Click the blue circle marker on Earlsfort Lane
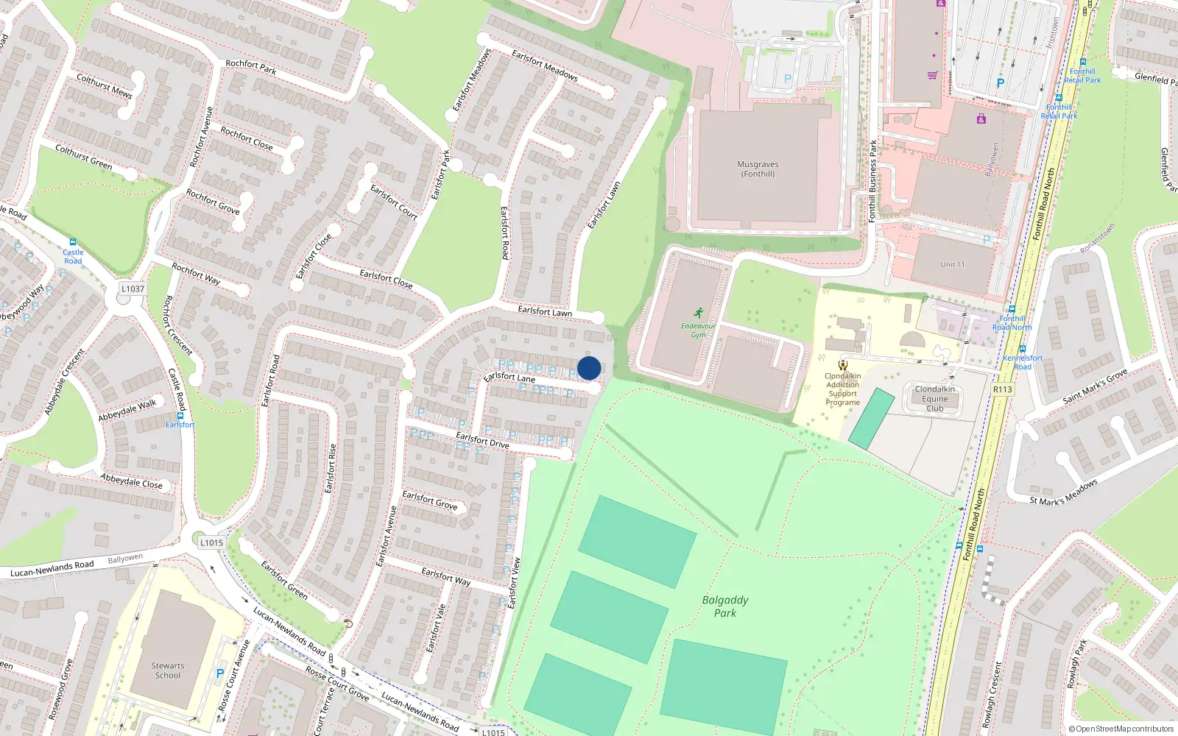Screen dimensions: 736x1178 tap(589, 368)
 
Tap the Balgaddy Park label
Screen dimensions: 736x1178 tap(725, 606)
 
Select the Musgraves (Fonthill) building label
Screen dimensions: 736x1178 tap(758, 169)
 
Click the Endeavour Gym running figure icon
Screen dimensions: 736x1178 tap(698, 314)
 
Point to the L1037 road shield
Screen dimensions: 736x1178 tap(133, 289)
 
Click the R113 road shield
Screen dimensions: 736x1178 tap(1002, 389)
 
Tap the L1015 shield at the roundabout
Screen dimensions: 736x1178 tap(211, 543)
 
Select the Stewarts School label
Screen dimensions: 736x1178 tap(168, 670)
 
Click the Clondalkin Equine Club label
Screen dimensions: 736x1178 tap(935, 399)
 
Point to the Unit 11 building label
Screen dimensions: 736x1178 tap(952, 265)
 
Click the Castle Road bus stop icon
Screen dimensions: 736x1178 tap(72, 242)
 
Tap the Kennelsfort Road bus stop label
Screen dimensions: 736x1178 tap(1023, 362)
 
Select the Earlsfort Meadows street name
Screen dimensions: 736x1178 tap(545, 66)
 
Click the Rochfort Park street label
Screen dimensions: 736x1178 tap(251, 67)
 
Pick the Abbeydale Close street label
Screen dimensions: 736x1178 tap(131, 481)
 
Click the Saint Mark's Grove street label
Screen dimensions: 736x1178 tap(1095, 386)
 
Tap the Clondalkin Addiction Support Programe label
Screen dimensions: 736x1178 tap(843, 389)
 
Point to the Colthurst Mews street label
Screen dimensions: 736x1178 tap(105, 86)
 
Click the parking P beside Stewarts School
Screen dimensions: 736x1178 tap(219, 673)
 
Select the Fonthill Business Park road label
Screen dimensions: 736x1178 tap(873, 180)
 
